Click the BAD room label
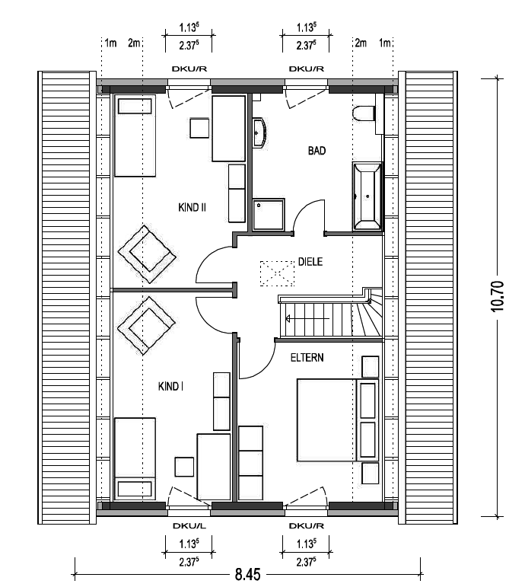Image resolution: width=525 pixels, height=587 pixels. pos(317,151)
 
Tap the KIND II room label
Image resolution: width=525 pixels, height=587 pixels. pos(192,207)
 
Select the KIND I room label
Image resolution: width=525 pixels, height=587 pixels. pos(170,386)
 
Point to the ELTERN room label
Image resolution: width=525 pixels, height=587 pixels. pos(307,358)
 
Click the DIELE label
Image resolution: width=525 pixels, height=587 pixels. pos(310,262)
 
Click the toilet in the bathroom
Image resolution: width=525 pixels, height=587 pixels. pos(364,113)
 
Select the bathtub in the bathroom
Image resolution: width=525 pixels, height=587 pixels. pos(367,196)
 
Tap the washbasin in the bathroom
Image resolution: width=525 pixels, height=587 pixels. pos(259,132)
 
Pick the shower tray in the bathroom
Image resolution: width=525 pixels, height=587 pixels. pos(269,214)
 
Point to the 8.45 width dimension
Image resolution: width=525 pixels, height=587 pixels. pos(247,574)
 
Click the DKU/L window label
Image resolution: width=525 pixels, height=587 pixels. pos(189,526)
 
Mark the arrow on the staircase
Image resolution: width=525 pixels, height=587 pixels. pos(307,319)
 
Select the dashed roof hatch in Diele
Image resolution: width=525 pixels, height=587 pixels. pos(277,273)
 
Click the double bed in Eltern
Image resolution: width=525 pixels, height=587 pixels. pos(326,420)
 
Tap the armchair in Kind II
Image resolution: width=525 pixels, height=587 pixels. pos(147,254)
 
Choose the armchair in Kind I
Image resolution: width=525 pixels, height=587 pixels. pos(146,326)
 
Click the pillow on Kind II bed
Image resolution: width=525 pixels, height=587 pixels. pos(135,106)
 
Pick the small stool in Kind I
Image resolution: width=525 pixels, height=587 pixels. pos(184,467)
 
